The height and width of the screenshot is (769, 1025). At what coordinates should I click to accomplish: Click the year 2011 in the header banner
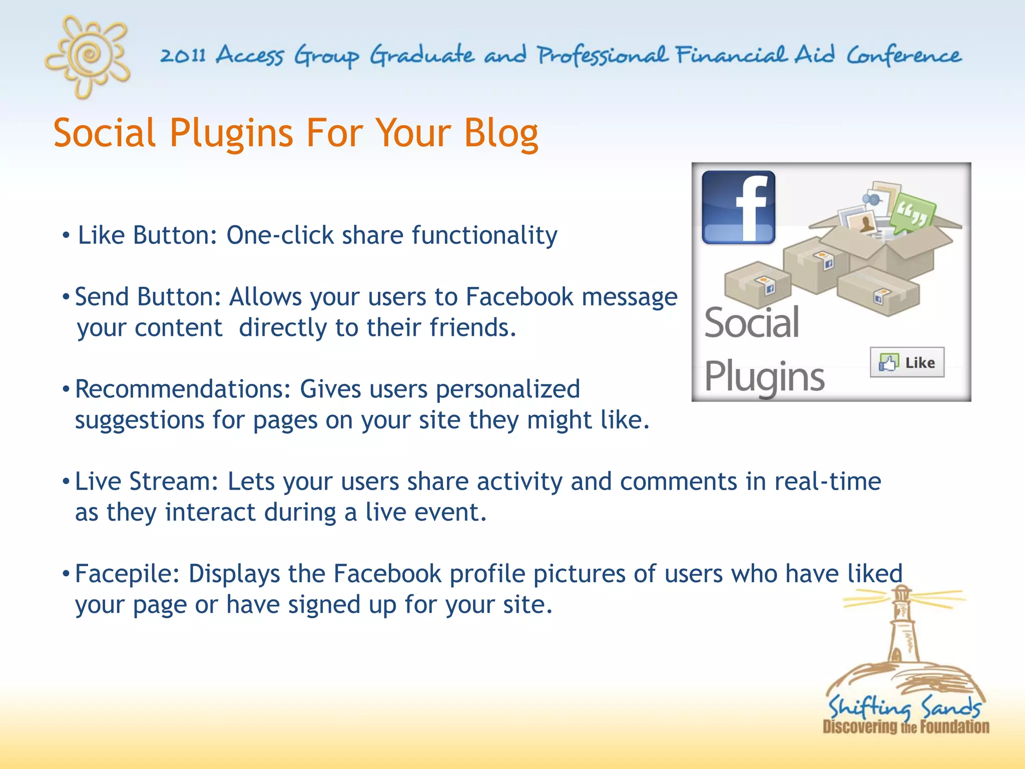[x=183, y=56]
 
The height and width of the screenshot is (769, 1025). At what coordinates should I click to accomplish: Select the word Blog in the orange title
[x=500, y=134]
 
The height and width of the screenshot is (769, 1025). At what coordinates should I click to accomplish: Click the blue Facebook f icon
[x=738, y=207]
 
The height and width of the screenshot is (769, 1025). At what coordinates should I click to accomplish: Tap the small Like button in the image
[x=907, y=362]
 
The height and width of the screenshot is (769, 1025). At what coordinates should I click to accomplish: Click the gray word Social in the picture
[x=751, y=323]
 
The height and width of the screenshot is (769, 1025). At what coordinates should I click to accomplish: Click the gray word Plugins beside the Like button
[x=764, y=376]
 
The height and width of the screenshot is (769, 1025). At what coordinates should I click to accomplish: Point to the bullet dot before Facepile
[x=66, y=574]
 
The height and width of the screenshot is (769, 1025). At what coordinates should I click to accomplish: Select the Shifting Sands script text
[x=904, y=707]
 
